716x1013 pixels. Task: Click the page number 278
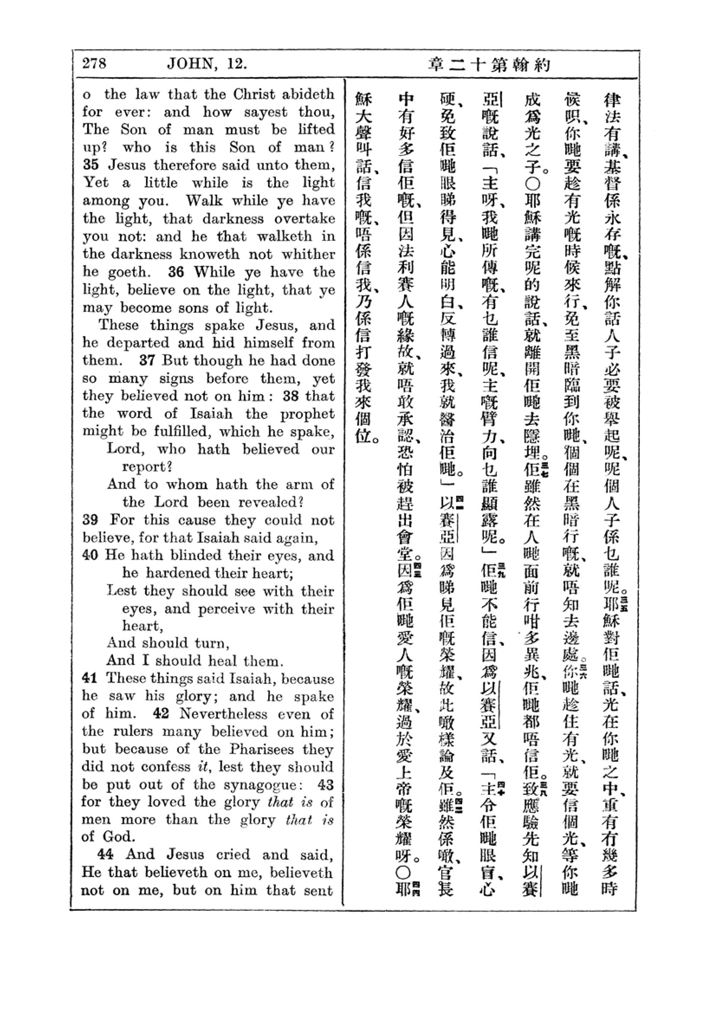94,64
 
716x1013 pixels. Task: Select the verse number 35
91,165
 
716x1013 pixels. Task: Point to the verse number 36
175,272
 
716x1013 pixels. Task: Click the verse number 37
147,360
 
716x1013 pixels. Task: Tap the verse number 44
105,854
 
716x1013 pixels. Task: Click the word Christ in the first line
254,94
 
